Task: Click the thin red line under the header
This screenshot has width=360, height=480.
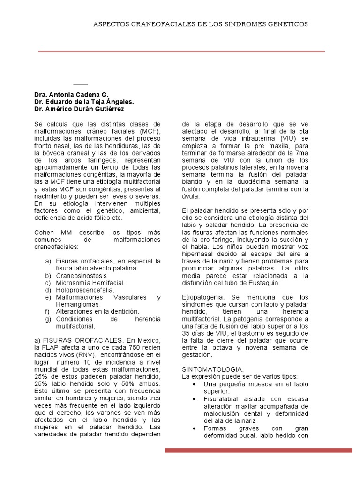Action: click(181, 51)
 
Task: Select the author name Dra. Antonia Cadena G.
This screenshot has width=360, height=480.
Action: click(71, 94)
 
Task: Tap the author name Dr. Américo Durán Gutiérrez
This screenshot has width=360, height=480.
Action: click(79, 109)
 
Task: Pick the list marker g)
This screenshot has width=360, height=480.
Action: click(48, 319)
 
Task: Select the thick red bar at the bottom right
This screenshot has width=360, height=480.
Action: click(258, 450)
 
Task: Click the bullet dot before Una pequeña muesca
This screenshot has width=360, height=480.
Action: click(195, 384)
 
